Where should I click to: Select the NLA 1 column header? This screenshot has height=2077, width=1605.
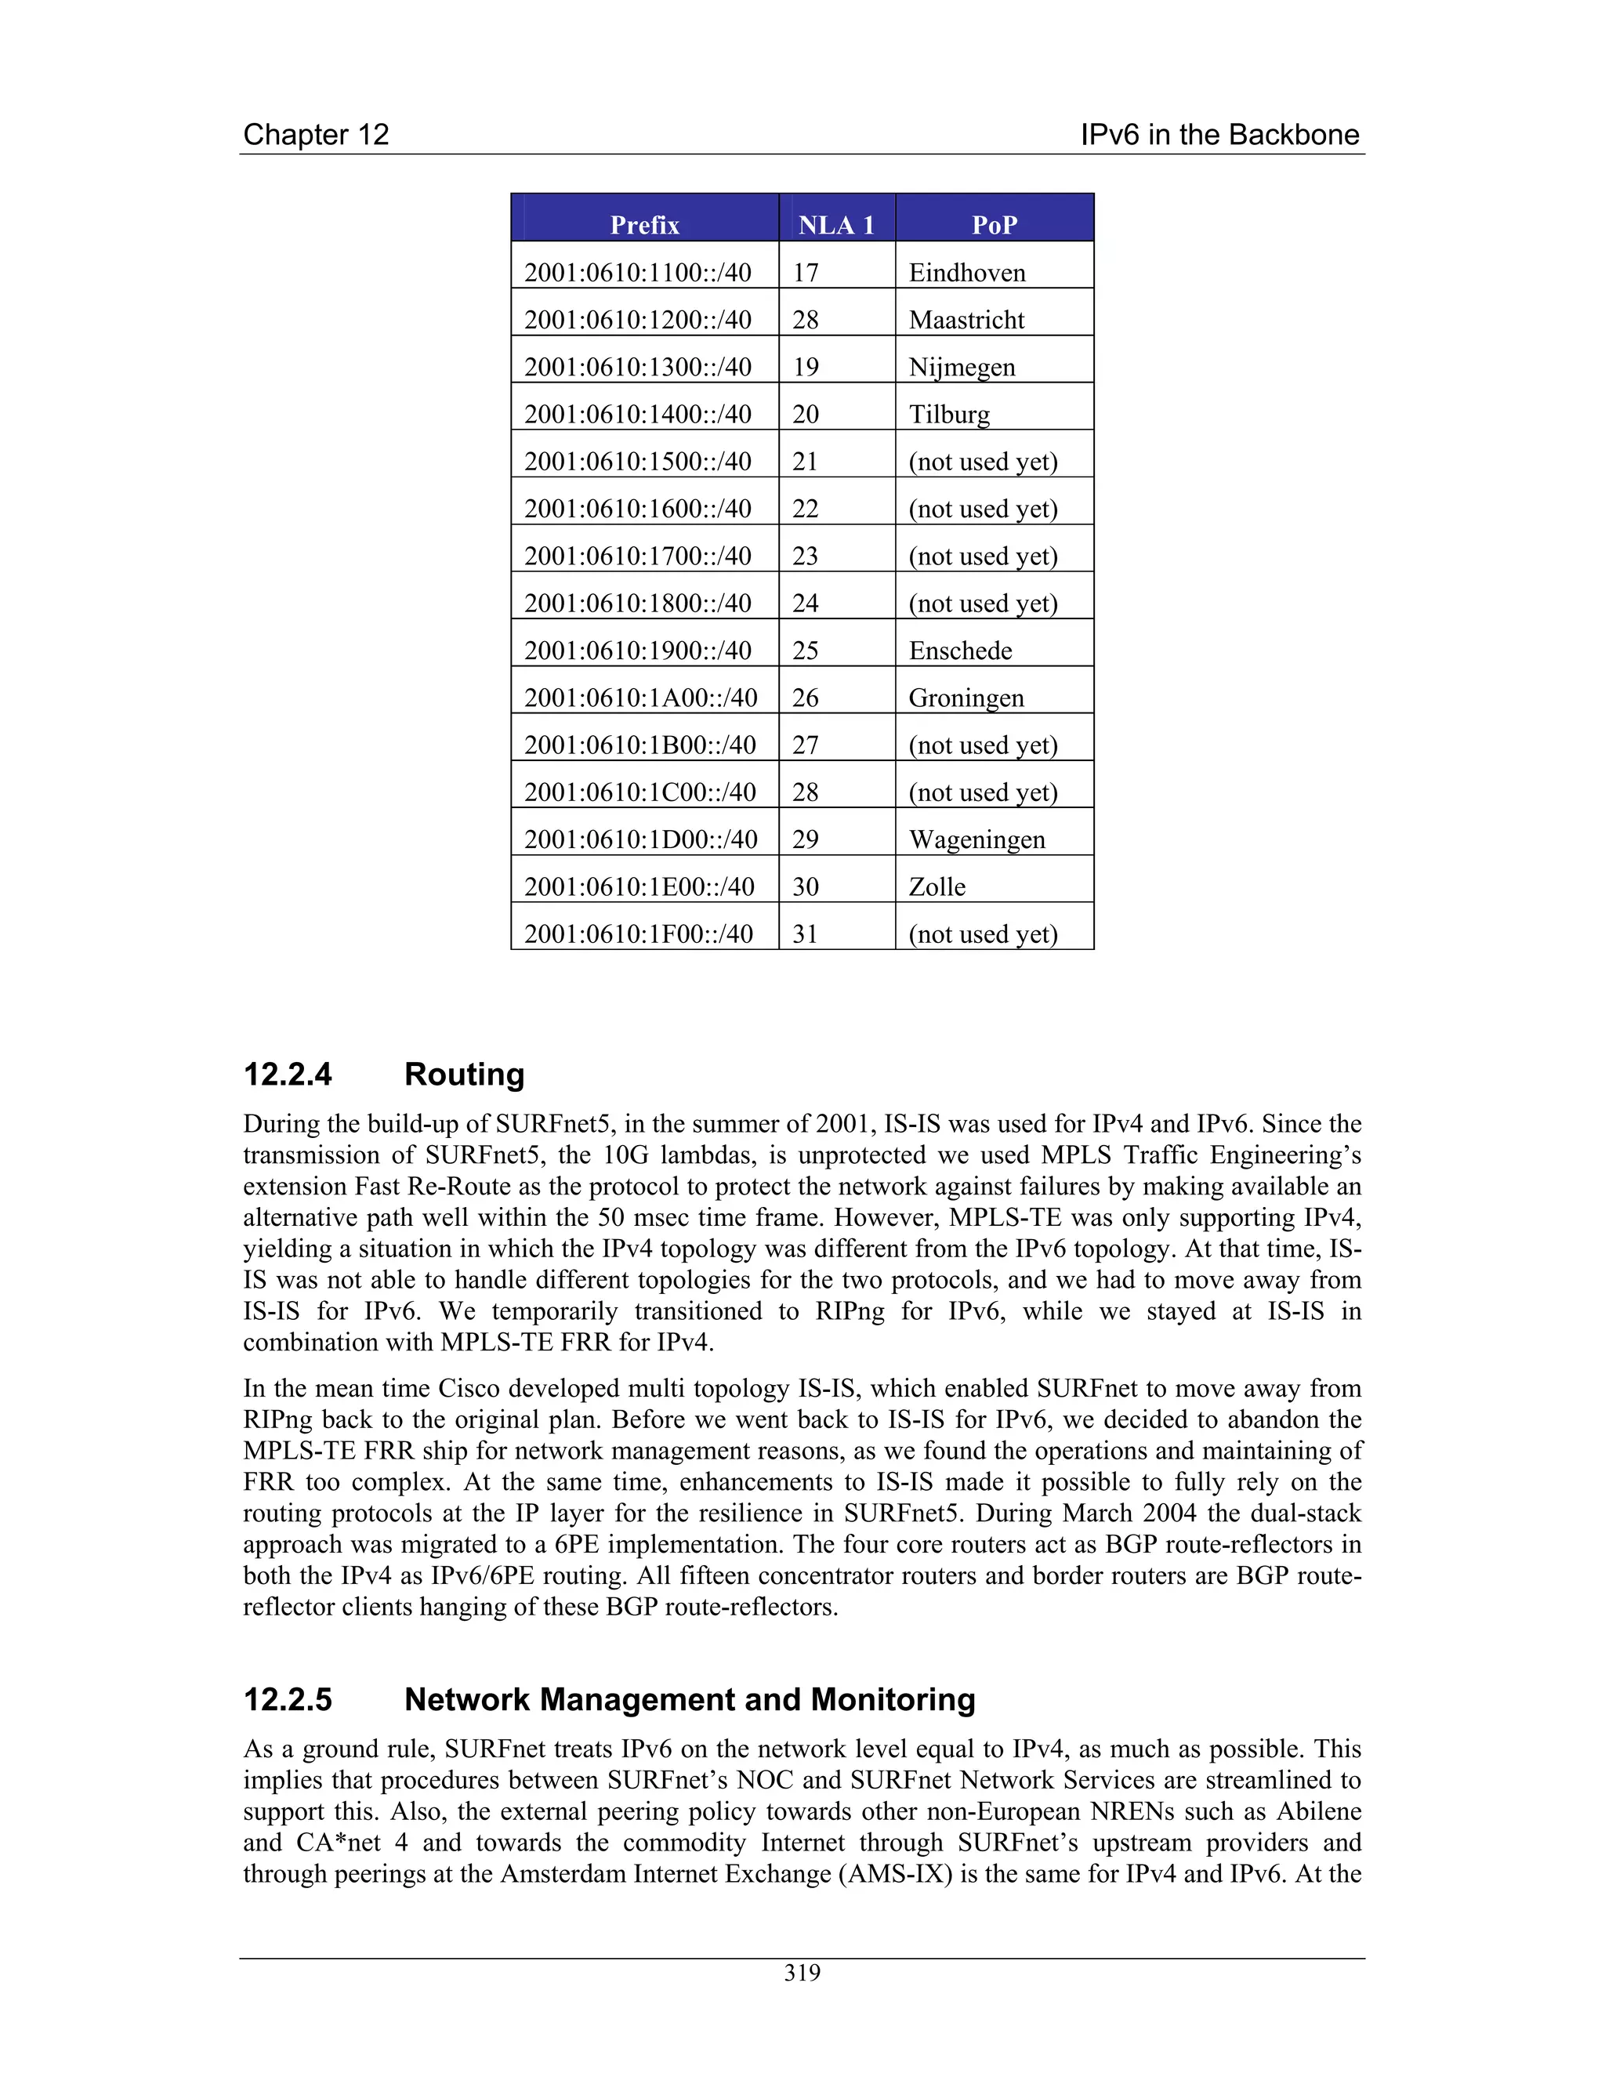(x=835, y=224)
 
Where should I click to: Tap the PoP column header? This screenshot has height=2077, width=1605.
(x=994, y=224)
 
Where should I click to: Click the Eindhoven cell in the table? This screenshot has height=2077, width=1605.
(x=966, y=273)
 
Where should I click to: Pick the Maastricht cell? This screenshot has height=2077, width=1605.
(x=966, y=320)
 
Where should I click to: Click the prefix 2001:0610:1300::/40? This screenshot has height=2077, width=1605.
(x=637, y=367)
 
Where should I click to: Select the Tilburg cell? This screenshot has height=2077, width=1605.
(x=949, y=415)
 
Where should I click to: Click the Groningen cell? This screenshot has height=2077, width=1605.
(x=966, y=698)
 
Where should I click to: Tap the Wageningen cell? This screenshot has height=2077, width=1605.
(x=976, y=839)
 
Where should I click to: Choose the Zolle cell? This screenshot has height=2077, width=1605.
(x=937, y=887)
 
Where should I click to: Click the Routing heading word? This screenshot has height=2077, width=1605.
(x=464, y=1075)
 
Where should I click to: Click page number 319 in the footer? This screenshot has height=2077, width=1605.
(x=802, y=1974)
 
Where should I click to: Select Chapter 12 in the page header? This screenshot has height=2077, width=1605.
(x=316, y=134)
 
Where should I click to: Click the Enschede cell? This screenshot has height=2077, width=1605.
(x=959, y=651)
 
